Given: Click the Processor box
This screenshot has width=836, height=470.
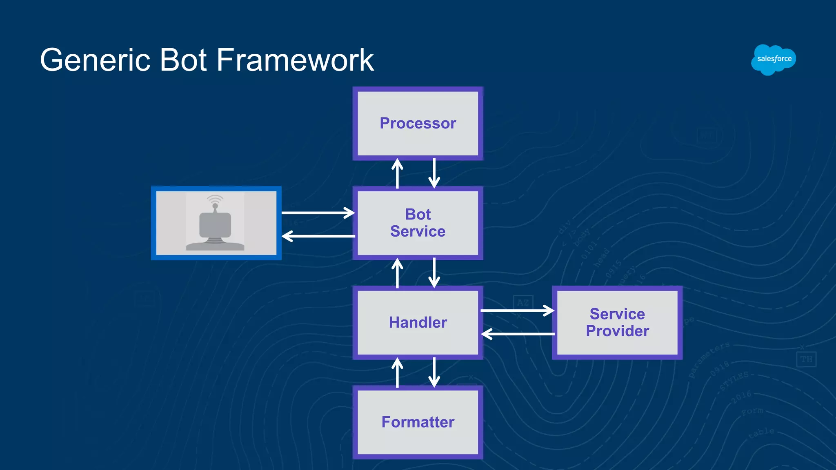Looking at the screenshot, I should tap(418, 123).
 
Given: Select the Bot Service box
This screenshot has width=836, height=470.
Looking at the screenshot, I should tap(418, 223).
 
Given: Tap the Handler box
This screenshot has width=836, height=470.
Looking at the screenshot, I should tap(418, 322).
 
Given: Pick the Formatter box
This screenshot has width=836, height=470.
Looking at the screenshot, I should tap(418, 422).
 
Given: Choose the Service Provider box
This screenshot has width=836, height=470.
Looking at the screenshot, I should tap(617, 322).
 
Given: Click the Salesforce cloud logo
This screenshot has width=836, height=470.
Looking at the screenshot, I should tap(774, 60).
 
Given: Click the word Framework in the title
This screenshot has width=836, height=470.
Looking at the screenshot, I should tap(295, 60).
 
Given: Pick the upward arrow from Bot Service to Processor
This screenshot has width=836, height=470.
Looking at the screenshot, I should tap(397, 174).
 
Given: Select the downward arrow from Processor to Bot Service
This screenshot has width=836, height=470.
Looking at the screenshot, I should tap(434, 174).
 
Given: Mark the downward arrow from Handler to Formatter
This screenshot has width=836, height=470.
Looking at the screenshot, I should tap(434, 372).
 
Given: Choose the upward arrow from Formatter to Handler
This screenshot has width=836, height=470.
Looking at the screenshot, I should tap(397, 372).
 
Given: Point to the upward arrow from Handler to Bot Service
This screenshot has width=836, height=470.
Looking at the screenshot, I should tap(397, 273).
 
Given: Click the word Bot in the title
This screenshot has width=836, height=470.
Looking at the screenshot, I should tap(183, 60).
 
